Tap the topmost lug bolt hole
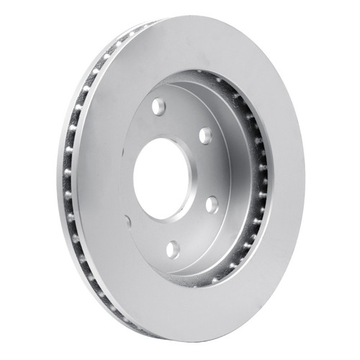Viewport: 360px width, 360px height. (158, 107)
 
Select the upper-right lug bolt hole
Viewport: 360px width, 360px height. (205, 135)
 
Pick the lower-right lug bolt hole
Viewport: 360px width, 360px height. (211, 204)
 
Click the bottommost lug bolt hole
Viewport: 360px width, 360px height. (172, 250)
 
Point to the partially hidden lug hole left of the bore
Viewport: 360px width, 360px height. (128, 221)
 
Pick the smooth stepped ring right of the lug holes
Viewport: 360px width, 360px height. (234, 173)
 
